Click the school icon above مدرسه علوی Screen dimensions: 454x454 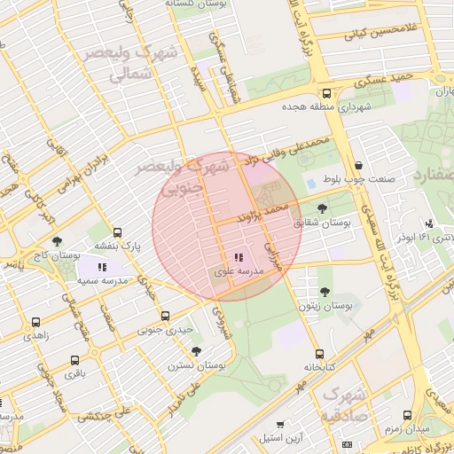point(238,256)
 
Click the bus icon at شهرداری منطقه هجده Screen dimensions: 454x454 point(327,92)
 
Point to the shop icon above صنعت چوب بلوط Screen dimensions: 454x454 point(357,165)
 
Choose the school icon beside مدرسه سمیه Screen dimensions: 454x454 point(103,266)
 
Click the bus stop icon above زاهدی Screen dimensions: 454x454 point(35,322)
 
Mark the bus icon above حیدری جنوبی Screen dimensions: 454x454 point(164,315)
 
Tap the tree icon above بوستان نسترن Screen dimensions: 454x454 point(196,350)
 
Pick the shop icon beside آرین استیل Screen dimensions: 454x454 point(281,424)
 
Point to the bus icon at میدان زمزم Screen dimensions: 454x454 point(407,414)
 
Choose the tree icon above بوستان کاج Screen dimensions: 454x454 point(58,240)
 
